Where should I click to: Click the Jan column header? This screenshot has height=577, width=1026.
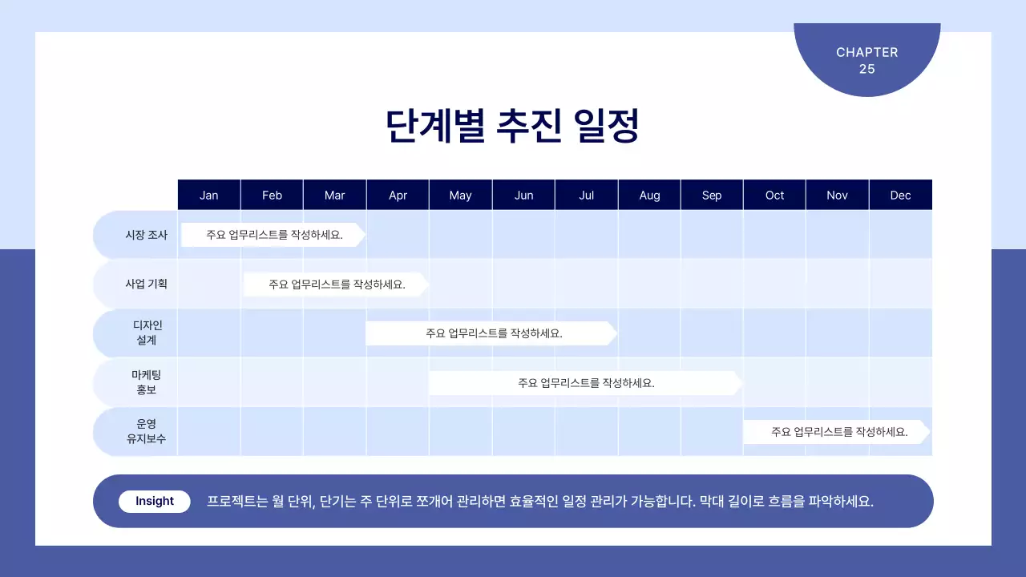208,195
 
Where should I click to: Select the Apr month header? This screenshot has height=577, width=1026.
398,195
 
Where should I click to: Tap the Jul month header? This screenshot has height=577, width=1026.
586,195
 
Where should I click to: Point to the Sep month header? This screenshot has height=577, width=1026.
712,195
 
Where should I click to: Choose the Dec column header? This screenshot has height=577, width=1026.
900,195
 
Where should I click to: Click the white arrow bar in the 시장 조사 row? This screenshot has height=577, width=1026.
273,235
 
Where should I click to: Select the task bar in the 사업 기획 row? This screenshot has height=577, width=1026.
336,284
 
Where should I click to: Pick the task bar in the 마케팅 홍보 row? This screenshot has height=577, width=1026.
585,383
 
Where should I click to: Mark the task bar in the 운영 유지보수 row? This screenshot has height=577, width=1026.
838,431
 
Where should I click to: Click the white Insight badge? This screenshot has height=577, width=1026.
155,501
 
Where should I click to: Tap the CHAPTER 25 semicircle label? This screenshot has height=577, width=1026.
867,60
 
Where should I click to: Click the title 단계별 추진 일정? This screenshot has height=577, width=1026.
512,126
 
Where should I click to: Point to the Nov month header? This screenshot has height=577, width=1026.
837,195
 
